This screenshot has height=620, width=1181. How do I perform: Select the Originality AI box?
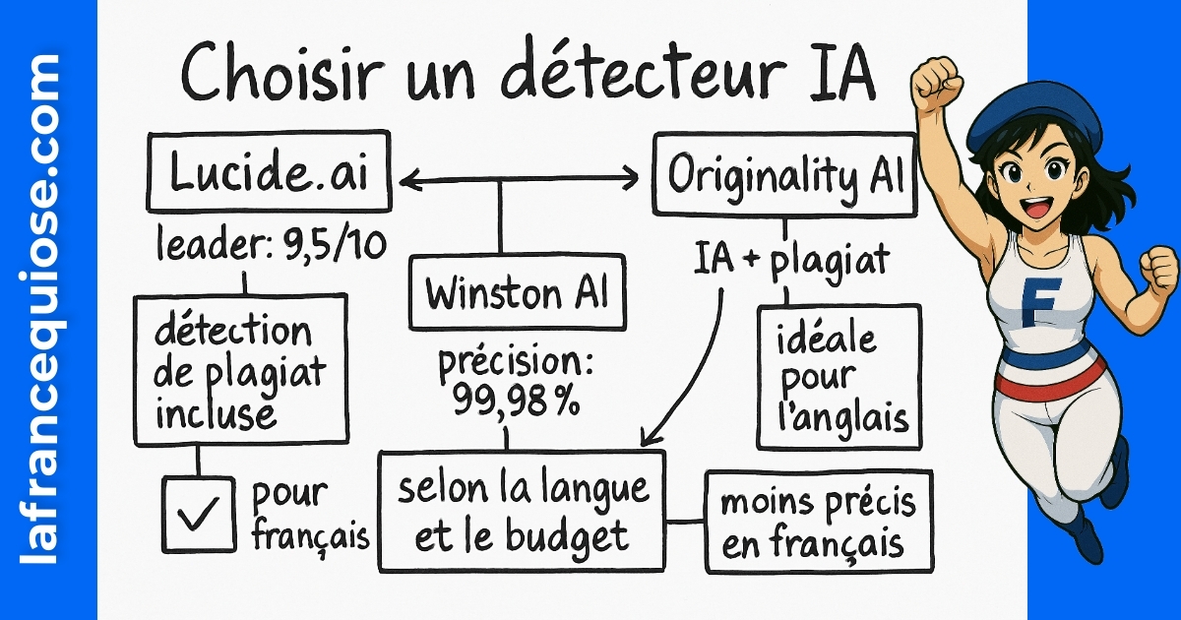pyautogui.click(x=784, y=177)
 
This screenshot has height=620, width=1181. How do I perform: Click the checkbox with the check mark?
pyautogui.click(x=197, y=513)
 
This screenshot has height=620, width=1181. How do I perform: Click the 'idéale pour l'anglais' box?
pyautogui.click(x=839, y=377)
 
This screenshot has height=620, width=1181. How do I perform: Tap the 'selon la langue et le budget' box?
pyautogui.click(x=522, y=510)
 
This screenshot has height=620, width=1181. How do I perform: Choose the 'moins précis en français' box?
pyautogui.click(x=818, y=522)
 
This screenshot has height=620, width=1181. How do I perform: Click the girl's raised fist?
pyautogui.click(x=934, y=83)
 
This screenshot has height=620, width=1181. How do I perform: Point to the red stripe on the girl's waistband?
pyautogui.click(x=1048, y=379)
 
